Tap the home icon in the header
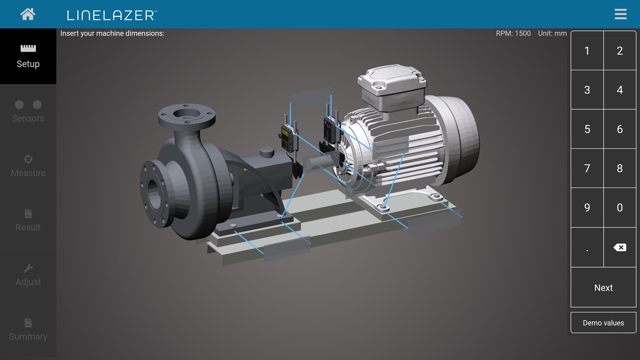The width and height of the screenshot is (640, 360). click(28, 14)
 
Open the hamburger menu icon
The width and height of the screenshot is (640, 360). click(621, 14)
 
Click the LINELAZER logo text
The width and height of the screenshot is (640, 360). click(112, 15)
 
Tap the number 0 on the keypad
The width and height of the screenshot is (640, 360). click(620, 208)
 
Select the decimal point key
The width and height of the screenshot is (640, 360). click(587, 247)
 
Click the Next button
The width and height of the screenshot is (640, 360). click(603, 288)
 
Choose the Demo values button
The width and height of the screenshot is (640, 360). click(603, 323)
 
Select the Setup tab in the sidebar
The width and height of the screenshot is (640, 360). click(28, 56)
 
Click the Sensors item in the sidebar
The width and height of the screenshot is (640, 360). click(28, 112)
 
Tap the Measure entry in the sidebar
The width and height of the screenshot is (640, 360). click(28, 166)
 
